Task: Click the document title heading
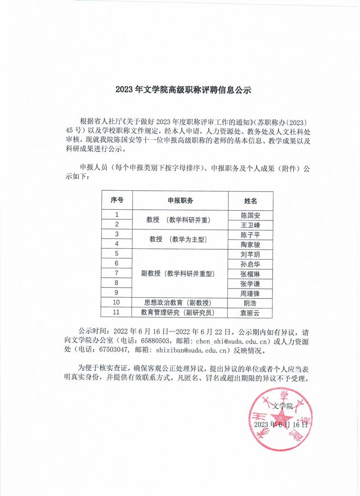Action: [182, 90]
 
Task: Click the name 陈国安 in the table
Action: [251, 215]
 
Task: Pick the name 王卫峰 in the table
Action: [251, 225]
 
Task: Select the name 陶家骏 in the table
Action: [251, 244]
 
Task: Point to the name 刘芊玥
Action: [251, 254]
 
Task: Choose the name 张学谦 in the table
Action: [251, 283]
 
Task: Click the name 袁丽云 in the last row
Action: [251, 312]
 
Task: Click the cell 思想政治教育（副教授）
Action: [178, 303]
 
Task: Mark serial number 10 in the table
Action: [117, 303]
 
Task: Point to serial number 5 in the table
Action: [117, 254]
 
